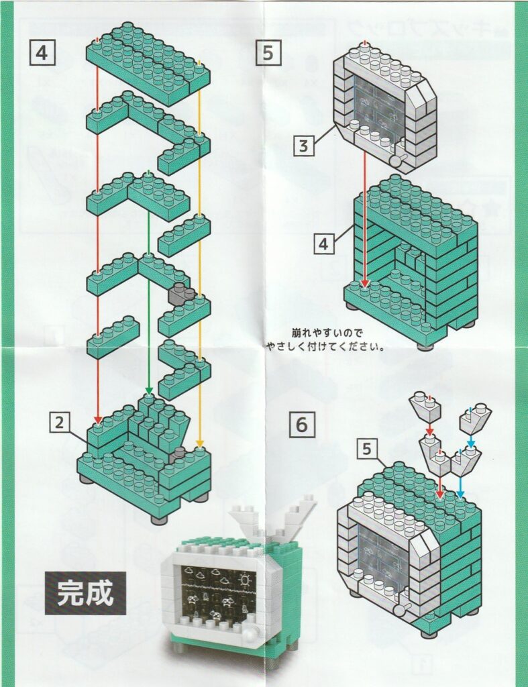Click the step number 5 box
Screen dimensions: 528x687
(x=268, y=52)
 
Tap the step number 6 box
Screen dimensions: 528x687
(x=301, y=425)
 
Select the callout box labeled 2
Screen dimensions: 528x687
(x=60, y=423)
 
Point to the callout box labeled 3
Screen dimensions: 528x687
(x=304, y=146)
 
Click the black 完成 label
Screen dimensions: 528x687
(x=85, y=593)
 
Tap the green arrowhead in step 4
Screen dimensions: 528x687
(x=149, y=391)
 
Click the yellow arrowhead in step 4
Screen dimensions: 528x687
(x=200, y=444)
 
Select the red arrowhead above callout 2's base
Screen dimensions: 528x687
(x=98, y=420)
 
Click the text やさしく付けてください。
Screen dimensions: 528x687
(x=325, y=348)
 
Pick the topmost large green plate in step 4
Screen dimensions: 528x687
(x=148, y=64)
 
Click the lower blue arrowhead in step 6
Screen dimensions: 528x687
(x=460, y=494)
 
